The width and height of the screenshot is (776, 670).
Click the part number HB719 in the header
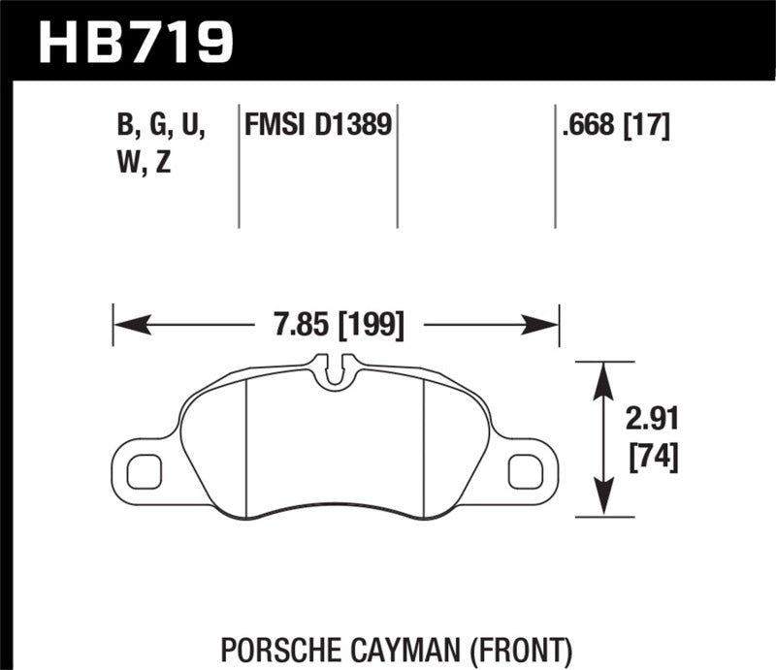[136, 41]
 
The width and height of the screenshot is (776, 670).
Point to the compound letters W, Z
[143, 163]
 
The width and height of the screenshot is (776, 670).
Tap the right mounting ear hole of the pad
[524, 469]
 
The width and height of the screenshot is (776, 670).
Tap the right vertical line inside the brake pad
[426, 446]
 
